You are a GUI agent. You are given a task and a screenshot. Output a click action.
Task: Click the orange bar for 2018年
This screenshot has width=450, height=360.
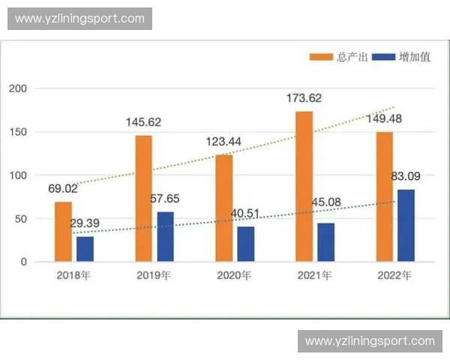point(63,232)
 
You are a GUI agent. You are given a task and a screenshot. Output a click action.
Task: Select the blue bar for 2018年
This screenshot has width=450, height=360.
point(85,249)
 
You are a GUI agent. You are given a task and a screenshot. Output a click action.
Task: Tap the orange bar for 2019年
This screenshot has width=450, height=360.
point(143,199)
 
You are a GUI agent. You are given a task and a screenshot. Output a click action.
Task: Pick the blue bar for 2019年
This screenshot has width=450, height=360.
point(165,237)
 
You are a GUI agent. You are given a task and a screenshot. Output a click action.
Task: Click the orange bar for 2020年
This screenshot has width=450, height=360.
point(223,208)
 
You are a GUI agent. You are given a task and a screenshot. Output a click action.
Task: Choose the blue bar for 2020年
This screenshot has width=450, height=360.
point(245,244)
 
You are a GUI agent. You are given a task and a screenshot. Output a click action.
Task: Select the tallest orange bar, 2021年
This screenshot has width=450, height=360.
point(304,187)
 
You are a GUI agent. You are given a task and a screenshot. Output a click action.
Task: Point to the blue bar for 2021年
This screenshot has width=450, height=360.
point(325,242)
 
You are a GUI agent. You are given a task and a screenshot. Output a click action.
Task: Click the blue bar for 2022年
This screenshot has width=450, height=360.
point(406,226)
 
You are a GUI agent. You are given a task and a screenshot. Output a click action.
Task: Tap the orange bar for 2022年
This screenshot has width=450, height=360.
point(384,196)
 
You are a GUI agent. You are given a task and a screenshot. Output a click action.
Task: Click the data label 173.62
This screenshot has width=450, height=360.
point(304,97)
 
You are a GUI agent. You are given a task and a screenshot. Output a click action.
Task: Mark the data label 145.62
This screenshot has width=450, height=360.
point(144,121)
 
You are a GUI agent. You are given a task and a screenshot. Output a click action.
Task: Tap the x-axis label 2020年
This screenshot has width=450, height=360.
point(234,275)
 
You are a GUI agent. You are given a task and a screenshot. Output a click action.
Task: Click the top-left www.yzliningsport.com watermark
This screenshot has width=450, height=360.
point(80,18)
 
